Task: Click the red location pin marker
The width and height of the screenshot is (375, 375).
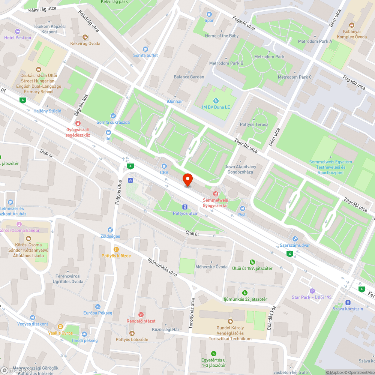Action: pos(187,180)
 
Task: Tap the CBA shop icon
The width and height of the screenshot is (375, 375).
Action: pos(164,166)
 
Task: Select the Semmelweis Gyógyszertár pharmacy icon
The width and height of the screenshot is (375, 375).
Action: pos(215,193)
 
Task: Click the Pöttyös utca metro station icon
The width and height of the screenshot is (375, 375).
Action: pos(184,207)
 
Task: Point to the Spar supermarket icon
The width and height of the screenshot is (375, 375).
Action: pos(209,14)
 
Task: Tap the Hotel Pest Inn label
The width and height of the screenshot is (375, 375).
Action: pos(18,38)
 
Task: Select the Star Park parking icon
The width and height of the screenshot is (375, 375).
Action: pos(312,291)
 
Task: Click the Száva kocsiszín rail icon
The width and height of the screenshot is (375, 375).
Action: pos(348,302)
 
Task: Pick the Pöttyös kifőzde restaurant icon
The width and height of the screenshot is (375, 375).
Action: pos(116,249)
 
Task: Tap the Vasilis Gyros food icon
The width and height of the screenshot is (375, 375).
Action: pos(60,327)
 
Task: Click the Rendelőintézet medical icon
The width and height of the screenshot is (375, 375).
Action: pos(141,315)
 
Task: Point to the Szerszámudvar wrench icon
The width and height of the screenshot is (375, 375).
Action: pos(295,238)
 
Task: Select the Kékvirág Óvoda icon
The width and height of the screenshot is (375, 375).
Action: pos(85,37)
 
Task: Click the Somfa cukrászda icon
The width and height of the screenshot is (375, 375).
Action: pos(113,116)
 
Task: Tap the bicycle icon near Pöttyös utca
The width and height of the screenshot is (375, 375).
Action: pos(130,180)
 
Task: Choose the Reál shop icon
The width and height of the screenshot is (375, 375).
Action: pos(242,208)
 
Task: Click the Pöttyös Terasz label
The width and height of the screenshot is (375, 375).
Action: pos(254,124)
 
